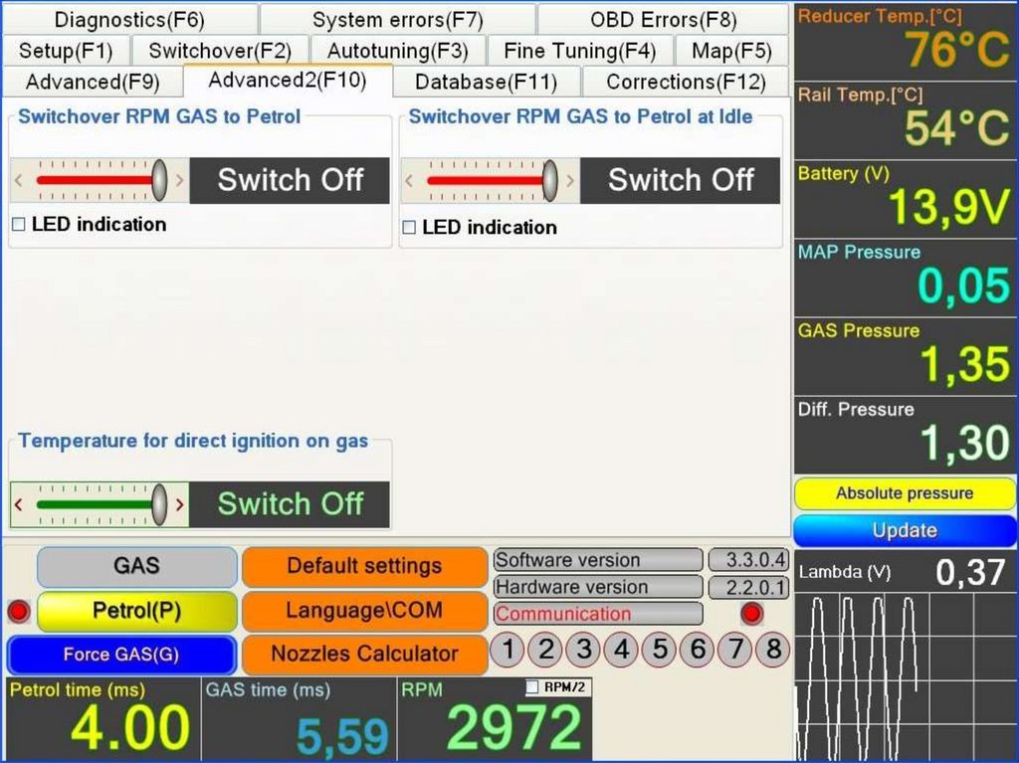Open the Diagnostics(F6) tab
click(129, 20)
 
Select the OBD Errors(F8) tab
click(663, 20)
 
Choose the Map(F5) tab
click(730, 51)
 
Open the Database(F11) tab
click(486, 83)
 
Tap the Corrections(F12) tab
click(686, 83)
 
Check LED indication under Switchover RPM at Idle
click(409, 228)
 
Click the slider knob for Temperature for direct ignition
click(159, 504)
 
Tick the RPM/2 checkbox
click(532, 686)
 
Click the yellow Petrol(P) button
click(136, 611)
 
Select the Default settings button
click(364, 566)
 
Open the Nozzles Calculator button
click(364, 654)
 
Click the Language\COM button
click(364, 610)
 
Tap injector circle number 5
click(659, 651)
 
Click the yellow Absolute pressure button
click(905, 493)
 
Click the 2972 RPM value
click(513, 727)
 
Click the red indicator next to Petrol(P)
click(18, 611)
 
